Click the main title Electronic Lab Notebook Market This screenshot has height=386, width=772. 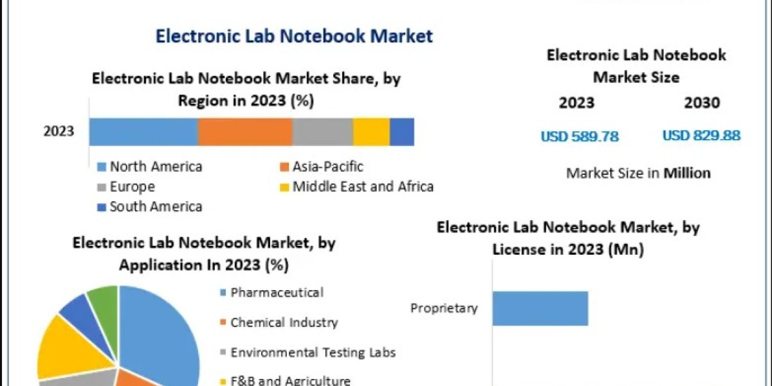pyautogui.click(x=294, y=36)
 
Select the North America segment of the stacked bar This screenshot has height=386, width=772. pyautogui.click(x=143, y=132)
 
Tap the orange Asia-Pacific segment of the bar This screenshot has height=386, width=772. pyautogui.click(x=245, y=132)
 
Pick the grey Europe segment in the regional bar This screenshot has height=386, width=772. pyautogui.click(x=322, y=132)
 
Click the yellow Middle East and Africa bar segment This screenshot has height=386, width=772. pyautogui.click(x=371, y=132)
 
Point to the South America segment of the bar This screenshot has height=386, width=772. pyautogui.click(x=402, y=132)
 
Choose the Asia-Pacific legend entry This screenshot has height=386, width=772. pyautogui.click(x=327, y=167)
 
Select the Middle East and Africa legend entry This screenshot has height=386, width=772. pyautogui.click(x=362, y=187)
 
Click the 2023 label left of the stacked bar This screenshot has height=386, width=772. pyautogui.click(x=59, y=132)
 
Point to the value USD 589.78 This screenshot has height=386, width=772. pyautogui.click(x=580, y=136)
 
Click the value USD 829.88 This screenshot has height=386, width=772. pyautogui.click(x=701, y=136)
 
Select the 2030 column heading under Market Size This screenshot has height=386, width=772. pyautogui.click(x=702, y=103)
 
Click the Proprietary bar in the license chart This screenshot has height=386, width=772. pyautogui.click(x=540, y=308)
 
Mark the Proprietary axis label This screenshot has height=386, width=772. pyautogui.click(x=445, y=309)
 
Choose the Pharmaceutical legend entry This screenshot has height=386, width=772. pyautogui.click(x=277, y=293)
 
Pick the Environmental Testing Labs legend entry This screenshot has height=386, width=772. pyautogui.click(x=313, y=353)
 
